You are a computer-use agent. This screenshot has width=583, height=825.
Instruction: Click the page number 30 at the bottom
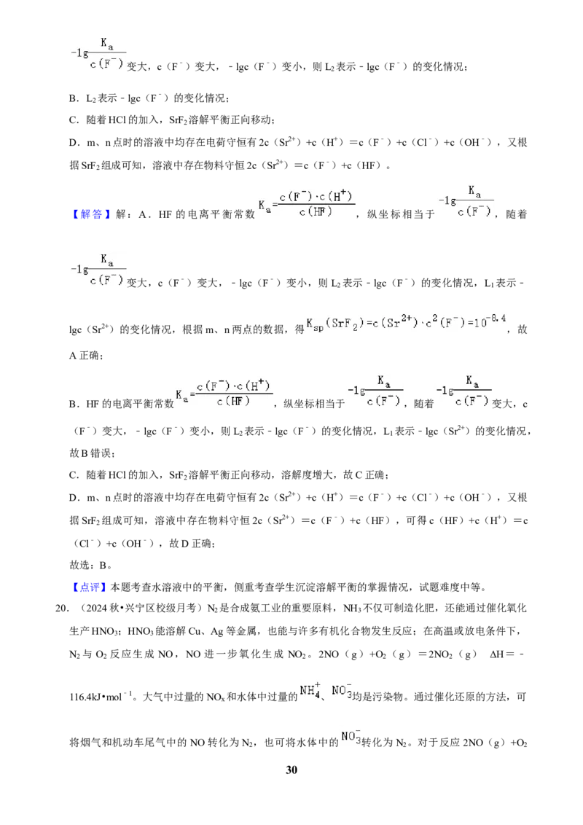(291, 770)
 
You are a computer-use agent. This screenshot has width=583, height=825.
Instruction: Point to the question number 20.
(62, 609)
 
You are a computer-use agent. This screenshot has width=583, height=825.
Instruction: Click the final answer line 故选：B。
(90, 566)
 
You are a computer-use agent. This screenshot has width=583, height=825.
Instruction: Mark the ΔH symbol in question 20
(497, 654)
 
